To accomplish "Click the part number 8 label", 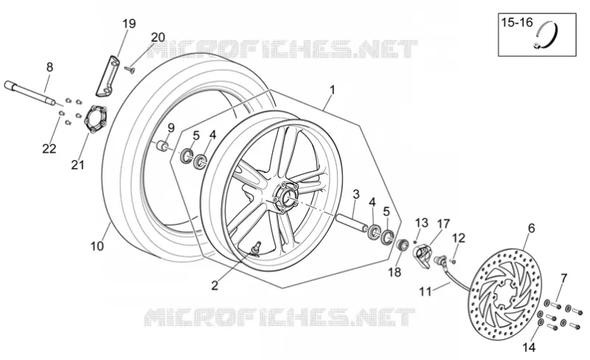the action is click(49, 67).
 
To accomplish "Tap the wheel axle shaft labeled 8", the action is click(30, 93).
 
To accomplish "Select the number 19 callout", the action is click(128, 24).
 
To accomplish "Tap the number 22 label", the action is click(49, 149).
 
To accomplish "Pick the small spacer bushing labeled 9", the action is click(162, 146).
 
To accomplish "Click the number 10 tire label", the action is click(97, 246).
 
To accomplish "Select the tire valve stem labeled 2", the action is click(257, 247).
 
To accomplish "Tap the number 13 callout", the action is click(422, 223).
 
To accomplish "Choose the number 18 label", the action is click(395, 272).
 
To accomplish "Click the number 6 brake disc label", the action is click(531, 228).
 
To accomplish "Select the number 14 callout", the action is click(529, 347).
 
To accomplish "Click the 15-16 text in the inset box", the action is click(517, 23).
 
